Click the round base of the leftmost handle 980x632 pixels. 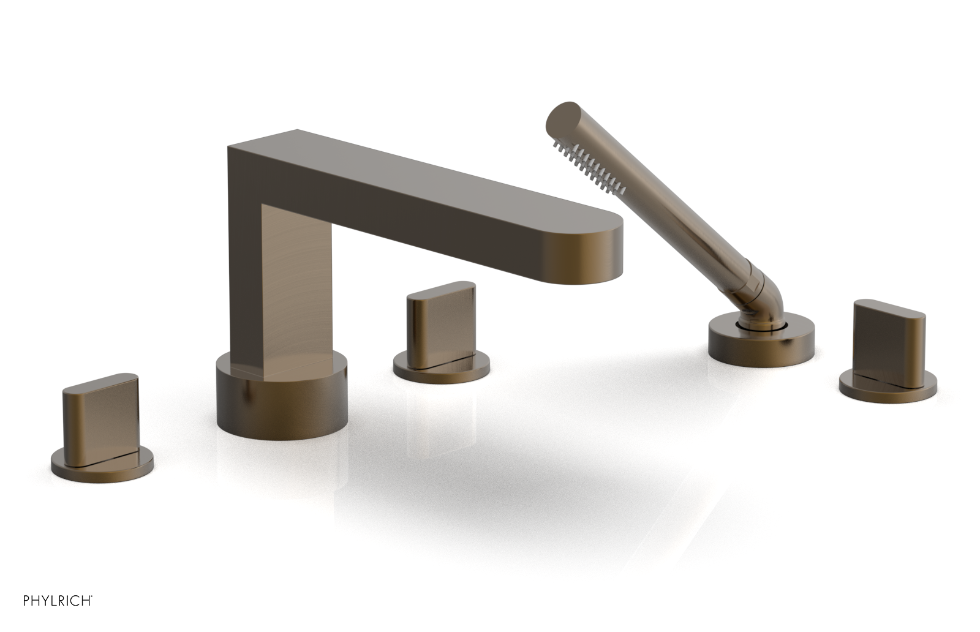click(x=102, y=466)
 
